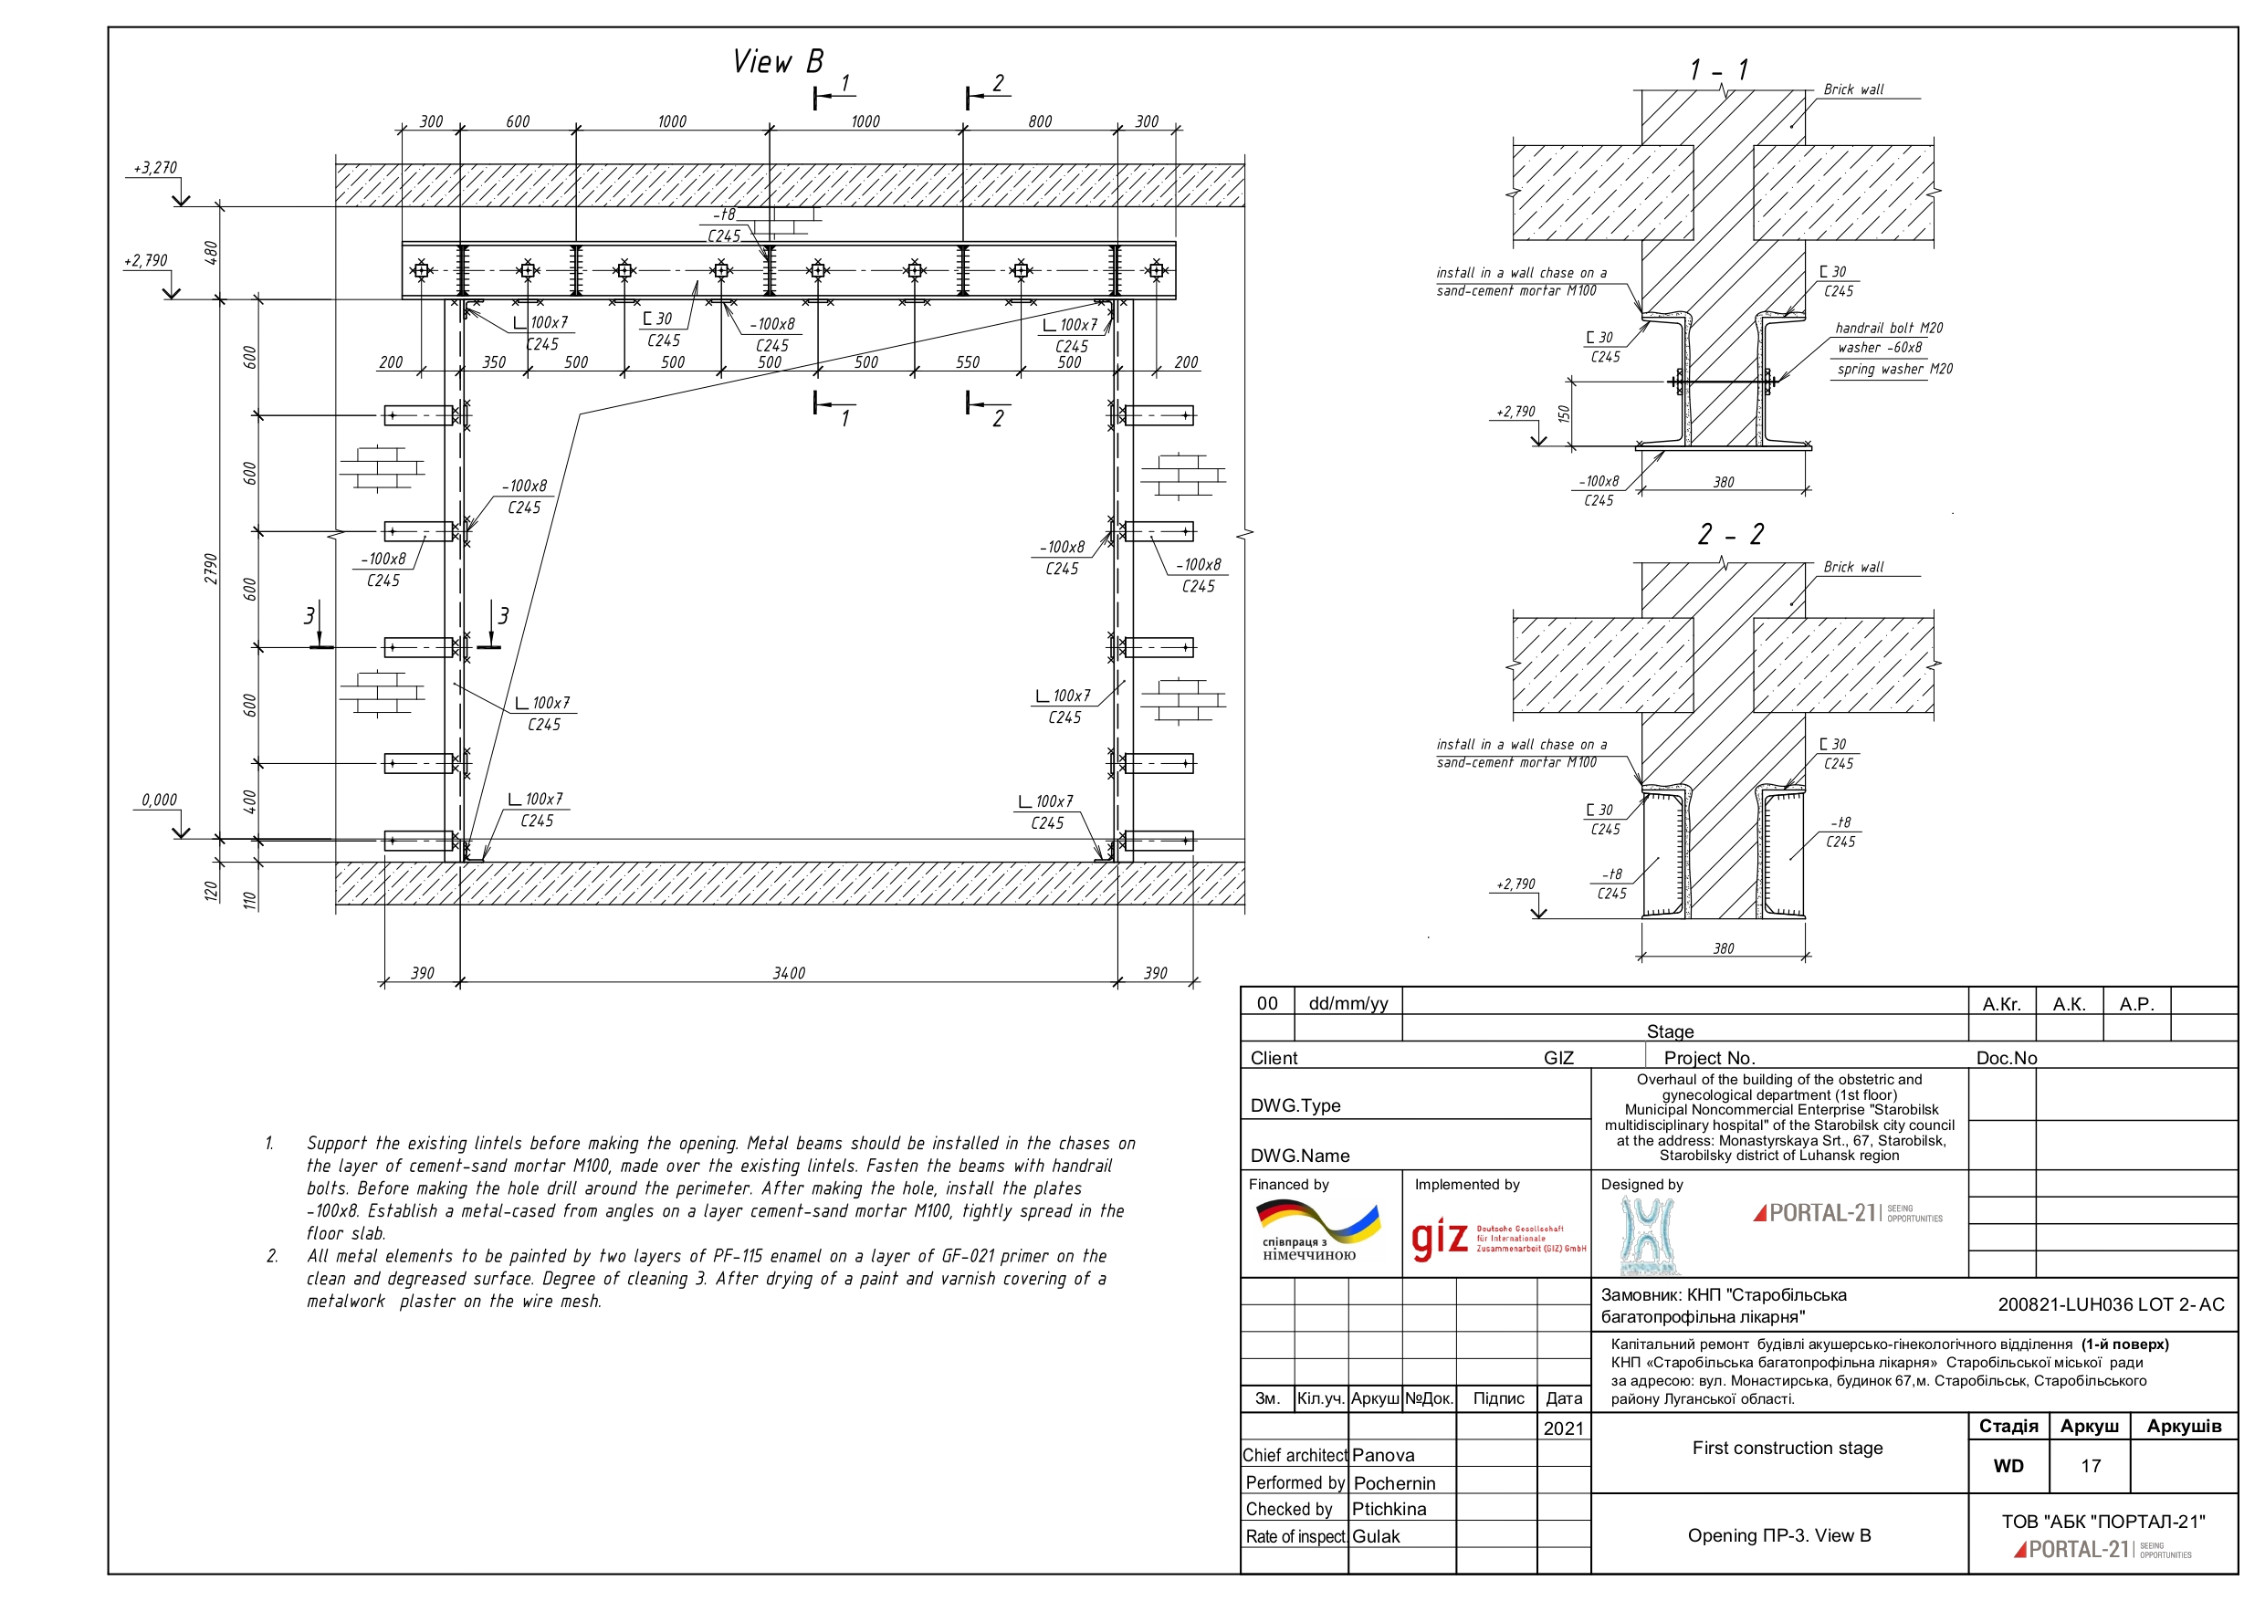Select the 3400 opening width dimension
click(x=788, y=974)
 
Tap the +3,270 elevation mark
click(x=156, y=168)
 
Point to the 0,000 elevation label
click(x=158, y=800)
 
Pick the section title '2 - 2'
click(x=1729, y=535)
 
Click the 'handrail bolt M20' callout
click(x=1888, y=328)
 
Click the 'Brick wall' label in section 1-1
click(x=1852, y=89)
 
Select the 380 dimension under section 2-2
click(x=1723, y=949)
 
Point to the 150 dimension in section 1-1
click(x=1564, y=413)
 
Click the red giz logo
click(x=1440, y=1239)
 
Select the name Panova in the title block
click(x=1382, y=1455)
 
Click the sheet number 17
click(x=2091, y=1466)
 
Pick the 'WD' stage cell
click(x=2008, y=1466)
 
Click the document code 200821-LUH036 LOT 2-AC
click(x=2110, y=1304)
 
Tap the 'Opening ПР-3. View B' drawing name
click(x=1778, y=1535)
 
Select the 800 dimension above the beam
click(x=1040, y=121)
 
